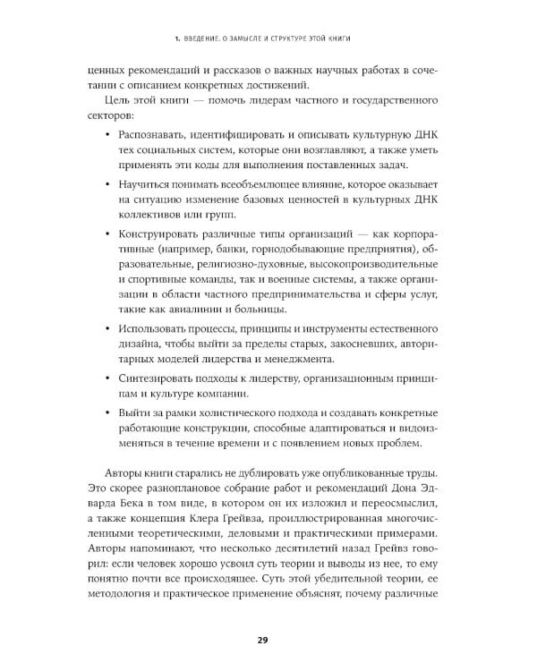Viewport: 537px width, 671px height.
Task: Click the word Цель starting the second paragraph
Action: [x=122, y=100]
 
